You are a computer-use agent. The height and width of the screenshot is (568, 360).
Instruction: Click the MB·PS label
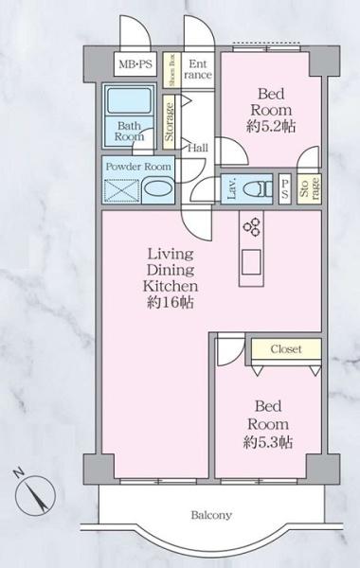135,64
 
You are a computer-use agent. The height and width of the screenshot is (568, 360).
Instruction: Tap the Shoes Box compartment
171,70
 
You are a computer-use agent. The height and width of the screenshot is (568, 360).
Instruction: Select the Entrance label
198,69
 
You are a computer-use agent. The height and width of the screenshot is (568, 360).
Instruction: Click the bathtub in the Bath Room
129,100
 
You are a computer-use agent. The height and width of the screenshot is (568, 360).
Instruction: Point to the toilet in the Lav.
258,188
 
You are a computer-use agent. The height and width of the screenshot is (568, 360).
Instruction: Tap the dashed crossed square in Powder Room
120,191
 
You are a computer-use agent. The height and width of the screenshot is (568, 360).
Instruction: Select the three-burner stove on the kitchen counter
252,226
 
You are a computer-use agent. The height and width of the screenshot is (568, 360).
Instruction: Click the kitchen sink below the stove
252,262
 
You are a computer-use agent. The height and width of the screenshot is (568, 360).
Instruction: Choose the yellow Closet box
286,349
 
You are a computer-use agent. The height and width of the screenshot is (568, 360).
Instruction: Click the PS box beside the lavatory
285,189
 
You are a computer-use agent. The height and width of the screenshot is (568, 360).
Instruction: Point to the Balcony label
211,515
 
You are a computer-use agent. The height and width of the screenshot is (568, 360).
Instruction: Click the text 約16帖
171,303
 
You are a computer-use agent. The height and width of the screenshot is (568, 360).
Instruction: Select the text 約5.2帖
271,127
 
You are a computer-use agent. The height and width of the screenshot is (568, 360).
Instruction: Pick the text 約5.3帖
268,442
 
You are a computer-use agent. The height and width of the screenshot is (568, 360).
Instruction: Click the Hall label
198,148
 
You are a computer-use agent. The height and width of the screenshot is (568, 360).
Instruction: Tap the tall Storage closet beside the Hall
169,122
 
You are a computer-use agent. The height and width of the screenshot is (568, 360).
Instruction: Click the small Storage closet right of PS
309,188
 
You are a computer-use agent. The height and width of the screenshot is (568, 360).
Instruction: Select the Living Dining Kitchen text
171,270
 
